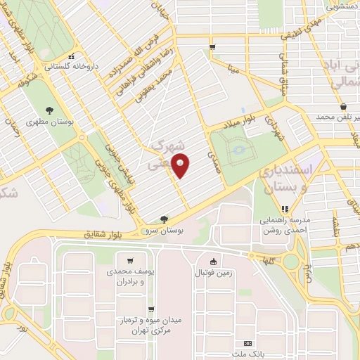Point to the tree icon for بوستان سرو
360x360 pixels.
(164, 219)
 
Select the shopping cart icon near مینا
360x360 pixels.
(212, 47)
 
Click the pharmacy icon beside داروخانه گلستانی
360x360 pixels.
(70, 58)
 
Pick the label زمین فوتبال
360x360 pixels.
(214, 272)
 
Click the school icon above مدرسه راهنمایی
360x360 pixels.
(285, 208)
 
